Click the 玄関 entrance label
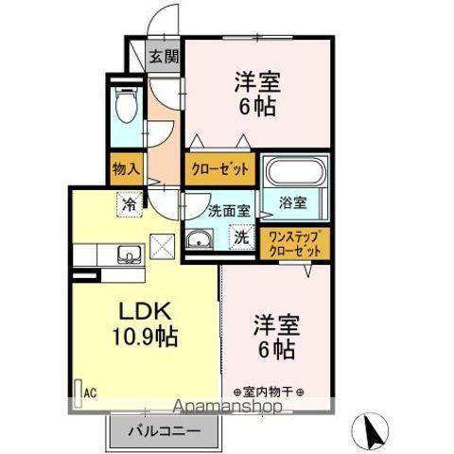tap(164, 56)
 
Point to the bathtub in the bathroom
tap(294, 172)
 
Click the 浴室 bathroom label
tap(292, 201)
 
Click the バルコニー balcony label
tap(166, 431)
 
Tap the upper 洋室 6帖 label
tap(256, 95)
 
